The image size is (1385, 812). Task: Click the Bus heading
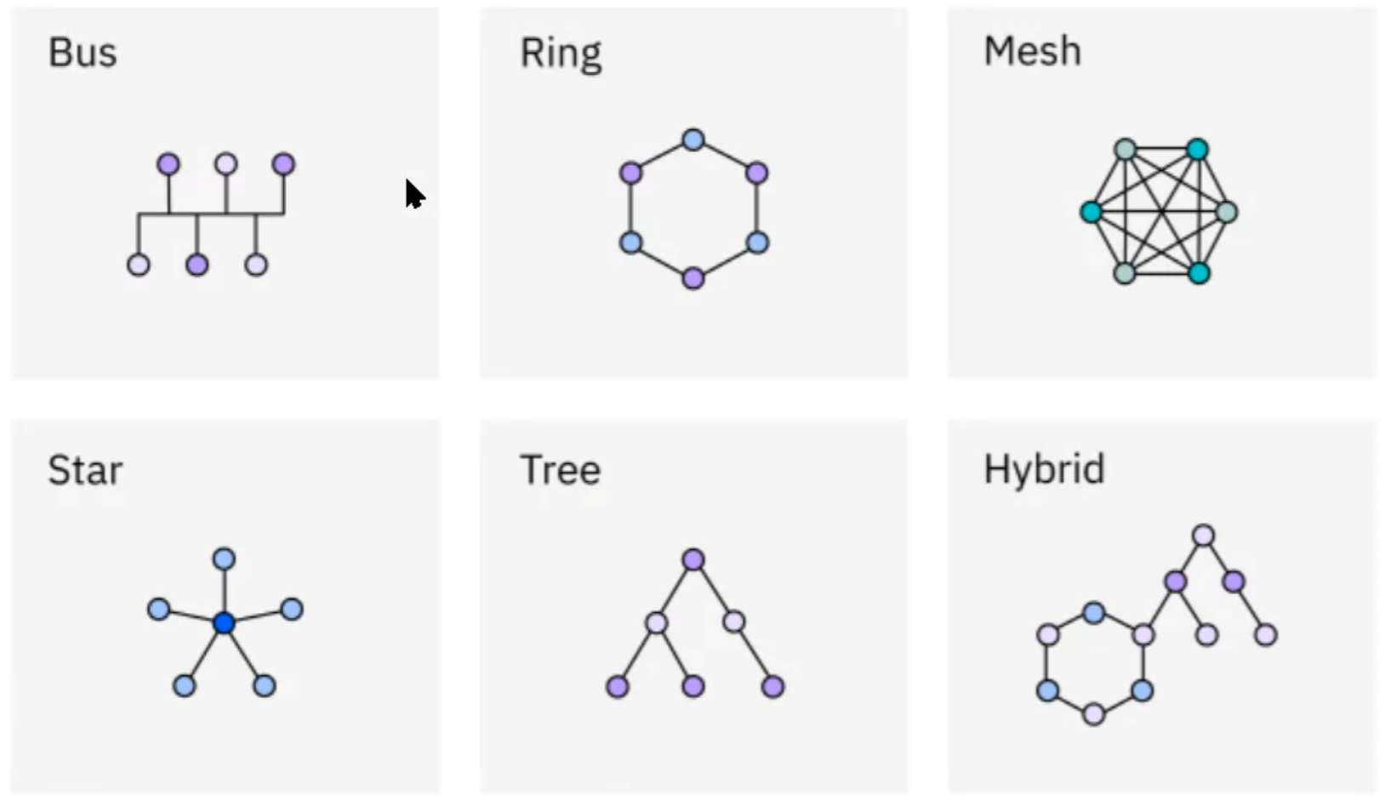pyautogui.click(x=83, y=53)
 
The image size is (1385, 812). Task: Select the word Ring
pyautogui.click(x=561, y=54)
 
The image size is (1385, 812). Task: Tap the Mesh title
pyautogui.click(x=1032, y=51)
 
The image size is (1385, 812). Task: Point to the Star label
pyautogui.click(x=85, y=470)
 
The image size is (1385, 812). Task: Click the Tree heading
pyautogui.click(x=560, y=470)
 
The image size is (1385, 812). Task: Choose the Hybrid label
pyautogui.click(x=1044, y=469)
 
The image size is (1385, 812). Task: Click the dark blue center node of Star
pyautogui.click(x=224, y=623)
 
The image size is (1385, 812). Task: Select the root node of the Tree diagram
pyautogui.click(x=693, y=559)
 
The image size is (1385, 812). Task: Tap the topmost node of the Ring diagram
pyautogui.click(x=693, y=139)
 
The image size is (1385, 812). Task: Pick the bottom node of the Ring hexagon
pyautogui.click(x=693, y=278)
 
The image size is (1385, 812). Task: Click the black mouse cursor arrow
pyautogui.click(x=413, y=194)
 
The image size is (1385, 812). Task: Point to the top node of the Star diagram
pyautogui.click(x=224, y=559)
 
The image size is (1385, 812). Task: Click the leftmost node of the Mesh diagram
pyautogui.click(x=1091, y=212)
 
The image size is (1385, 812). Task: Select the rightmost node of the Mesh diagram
pyautogui.click(x=1226, y=212)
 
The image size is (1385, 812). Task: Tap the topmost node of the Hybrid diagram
pyautogui.click(x=1203, y=535)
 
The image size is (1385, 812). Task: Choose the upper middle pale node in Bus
pyautogui.click(x=225, y=163)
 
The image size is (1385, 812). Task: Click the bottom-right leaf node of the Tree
pyautogui.click(x=772, y=686)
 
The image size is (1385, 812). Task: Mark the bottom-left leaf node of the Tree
pyautogui.click(x=618, y=686)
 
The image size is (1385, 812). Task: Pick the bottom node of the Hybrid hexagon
pyautogui.click(x=1094, y=714)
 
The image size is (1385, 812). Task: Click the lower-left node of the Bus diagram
pyautogui.click(x=138, y=264)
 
